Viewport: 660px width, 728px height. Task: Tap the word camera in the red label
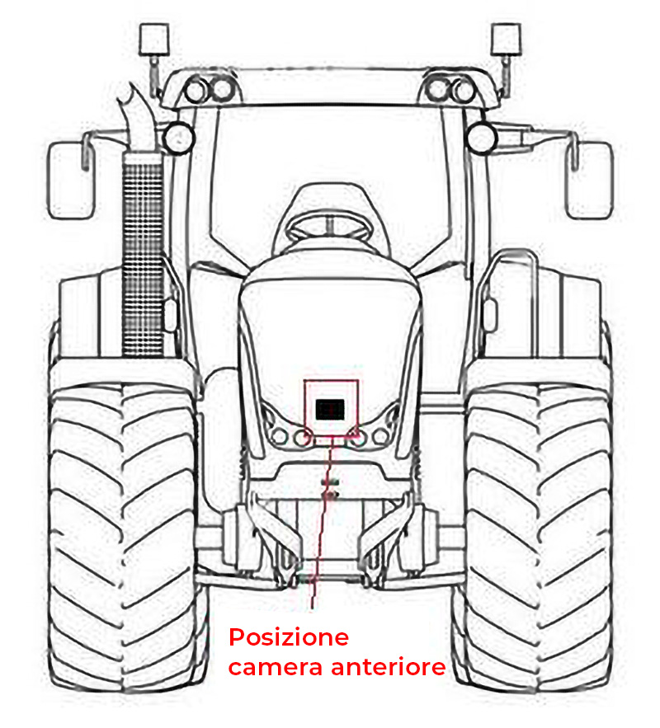tap(276, 667)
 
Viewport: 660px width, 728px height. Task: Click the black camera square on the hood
tap(331, 406)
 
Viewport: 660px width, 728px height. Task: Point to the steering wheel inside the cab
tap(331, 223)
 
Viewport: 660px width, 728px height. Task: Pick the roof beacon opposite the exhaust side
tap(506, 39)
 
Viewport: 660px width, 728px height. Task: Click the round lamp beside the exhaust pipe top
tap(177, 136)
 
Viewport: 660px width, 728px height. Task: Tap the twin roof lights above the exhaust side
tap(208, 89)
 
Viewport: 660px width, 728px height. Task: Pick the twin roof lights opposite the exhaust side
tap(451, 89)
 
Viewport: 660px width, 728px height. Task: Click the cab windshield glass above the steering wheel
tap(330, 148)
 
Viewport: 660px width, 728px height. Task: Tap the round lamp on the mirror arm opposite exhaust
tap(481, 137)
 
